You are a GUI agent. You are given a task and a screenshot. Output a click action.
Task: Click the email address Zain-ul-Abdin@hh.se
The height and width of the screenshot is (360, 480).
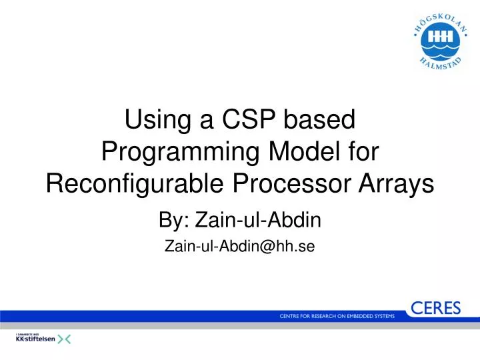[x=239, y=246]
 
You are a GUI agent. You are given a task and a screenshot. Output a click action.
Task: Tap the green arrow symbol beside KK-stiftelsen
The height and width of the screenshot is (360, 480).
[x=64, y=339]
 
